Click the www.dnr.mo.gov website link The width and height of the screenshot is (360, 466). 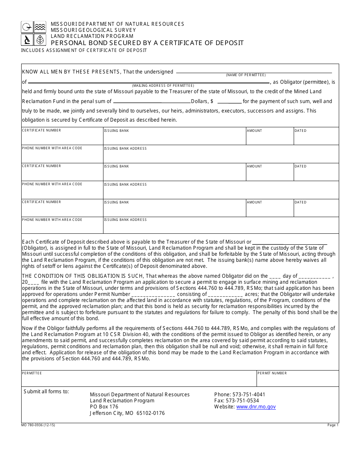256,407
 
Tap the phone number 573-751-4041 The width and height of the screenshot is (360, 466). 239,394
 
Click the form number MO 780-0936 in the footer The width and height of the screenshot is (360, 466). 38,425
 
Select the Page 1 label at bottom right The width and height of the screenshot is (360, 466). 333,425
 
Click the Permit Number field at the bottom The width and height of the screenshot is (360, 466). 297,380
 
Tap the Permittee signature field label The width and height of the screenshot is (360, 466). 32,373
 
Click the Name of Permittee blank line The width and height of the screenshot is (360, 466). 254,71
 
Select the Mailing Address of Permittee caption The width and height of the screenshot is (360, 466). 163,86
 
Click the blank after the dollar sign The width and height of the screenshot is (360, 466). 230,102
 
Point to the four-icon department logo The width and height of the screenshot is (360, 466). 33,33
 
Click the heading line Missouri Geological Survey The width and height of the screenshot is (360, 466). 93,30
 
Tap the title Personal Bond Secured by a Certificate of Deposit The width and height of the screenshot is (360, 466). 147,43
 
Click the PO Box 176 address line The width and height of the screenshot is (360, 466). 104,407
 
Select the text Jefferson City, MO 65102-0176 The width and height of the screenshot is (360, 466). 127,413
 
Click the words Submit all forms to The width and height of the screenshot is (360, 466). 46,391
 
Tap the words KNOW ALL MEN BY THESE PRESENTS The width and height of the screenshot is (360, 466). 71,72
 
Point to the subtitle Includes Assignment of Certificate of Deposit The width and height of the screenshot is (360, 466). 84,50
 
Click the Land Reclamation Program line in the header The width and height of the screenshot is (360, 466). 92,36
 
